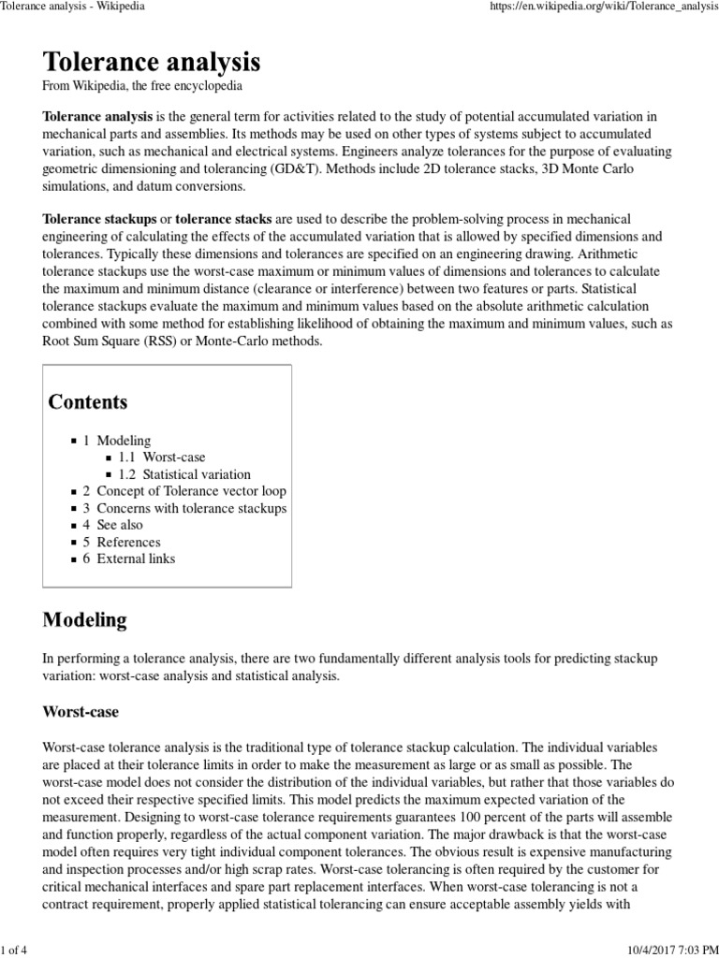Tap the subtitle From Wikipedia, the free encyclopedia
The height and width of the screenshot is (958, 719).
point(143,86)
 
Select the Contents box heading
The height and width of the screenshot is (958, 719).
point(88,402)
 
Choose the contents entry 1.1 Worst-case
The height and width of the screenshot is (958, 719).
point(161,457)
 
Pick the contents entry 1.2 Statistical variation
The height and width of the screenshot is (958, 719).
point(184,474)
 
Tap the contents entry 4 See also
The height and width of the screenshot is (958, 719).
point(112,525)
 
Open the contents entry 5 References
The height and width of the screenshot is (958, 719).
point(121,542)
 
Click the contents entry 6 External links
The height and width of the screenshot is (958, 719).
point(128,559)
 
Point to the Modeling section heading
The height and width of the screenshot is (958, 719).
point(85,620)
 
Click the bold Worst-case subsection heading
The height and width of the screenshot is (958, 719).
point(81,711)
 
